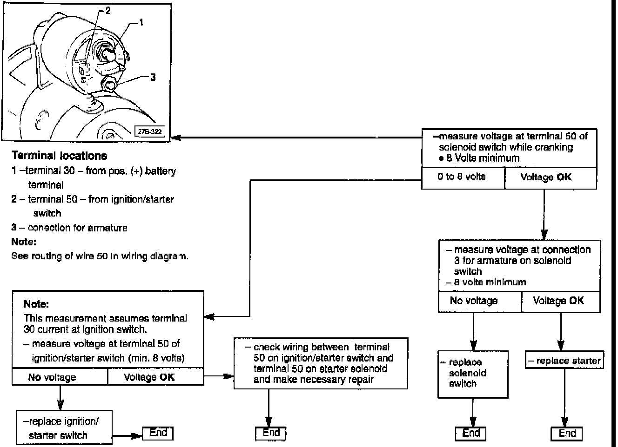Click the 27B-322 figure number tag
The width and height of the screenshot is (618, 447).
(x=150, y=131)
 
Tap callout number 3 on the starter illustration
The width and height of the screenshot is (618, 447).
(x=153, y=78)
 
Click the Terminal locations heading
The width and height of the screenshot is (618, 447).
(x=59, y=156)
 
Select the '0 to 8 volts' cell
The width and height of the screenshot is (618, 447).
(x=462, y=177)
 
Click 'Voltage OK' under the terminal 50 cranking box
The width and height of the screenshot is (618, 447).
(x=546, y=177)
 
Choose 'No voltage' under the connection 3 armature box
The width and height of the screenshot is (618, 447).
(x=473, y=301)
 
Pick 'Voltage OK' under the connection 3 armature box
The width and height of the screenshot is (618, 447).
(x=558, y=301)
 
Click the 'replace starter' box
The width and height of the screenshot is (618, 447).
(x=564, y=361)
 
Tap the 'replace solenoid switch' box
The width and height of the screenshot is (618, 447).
(x=472, y=373)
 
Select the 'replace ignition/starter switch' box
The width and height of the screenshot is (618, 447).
(x=64, y=428)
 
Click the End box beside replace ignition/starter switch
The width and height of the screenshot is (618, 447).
(x=158, y=433)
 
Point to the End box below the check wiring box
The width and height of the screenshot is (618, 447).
(x=271, y=433)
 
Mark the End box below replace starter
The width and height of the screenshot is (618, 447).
(x=567, y=434)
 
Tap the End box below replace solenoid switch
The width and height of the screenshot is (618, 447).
(x=471, y=434)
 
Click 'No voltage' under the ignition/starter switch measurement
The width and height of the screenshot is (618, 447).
(x=52, y=377)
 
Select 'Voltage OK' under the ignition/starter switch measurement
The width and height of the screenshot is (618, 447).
(x=149, y=377)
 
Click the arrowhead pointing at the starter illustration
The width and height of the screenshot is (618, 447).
(x=176, y=138)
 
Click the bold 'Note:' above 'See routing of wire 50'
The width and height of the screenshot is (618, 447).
(x=24, y=242)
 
